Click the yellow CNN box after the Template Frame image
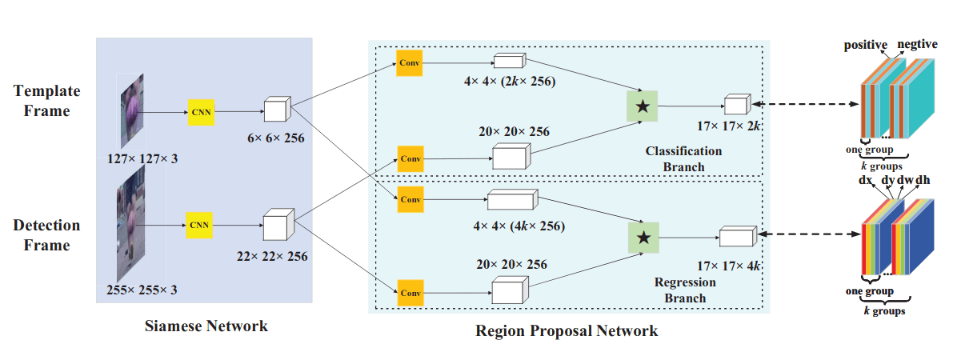coord(200,112)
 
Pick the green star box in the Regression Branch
coord(643,237)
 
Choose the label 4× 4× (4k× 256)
coord(519,226)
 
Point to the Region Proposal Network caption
coord(567,330)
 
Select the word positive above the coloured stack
coord(867,45)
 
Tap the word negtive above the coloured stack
coord(917,45)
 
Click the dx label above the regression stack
coord(864,181)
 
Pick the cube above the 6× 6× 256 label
coord(278,110)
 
